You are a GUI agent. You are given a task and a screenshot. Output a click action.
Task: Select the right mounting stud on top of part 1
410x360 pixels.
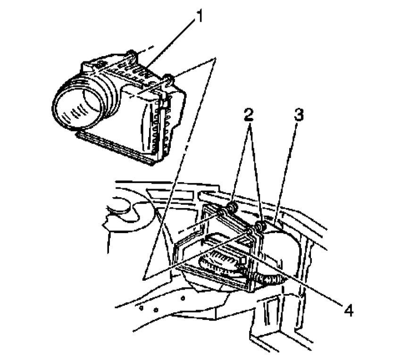(168, 79)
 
